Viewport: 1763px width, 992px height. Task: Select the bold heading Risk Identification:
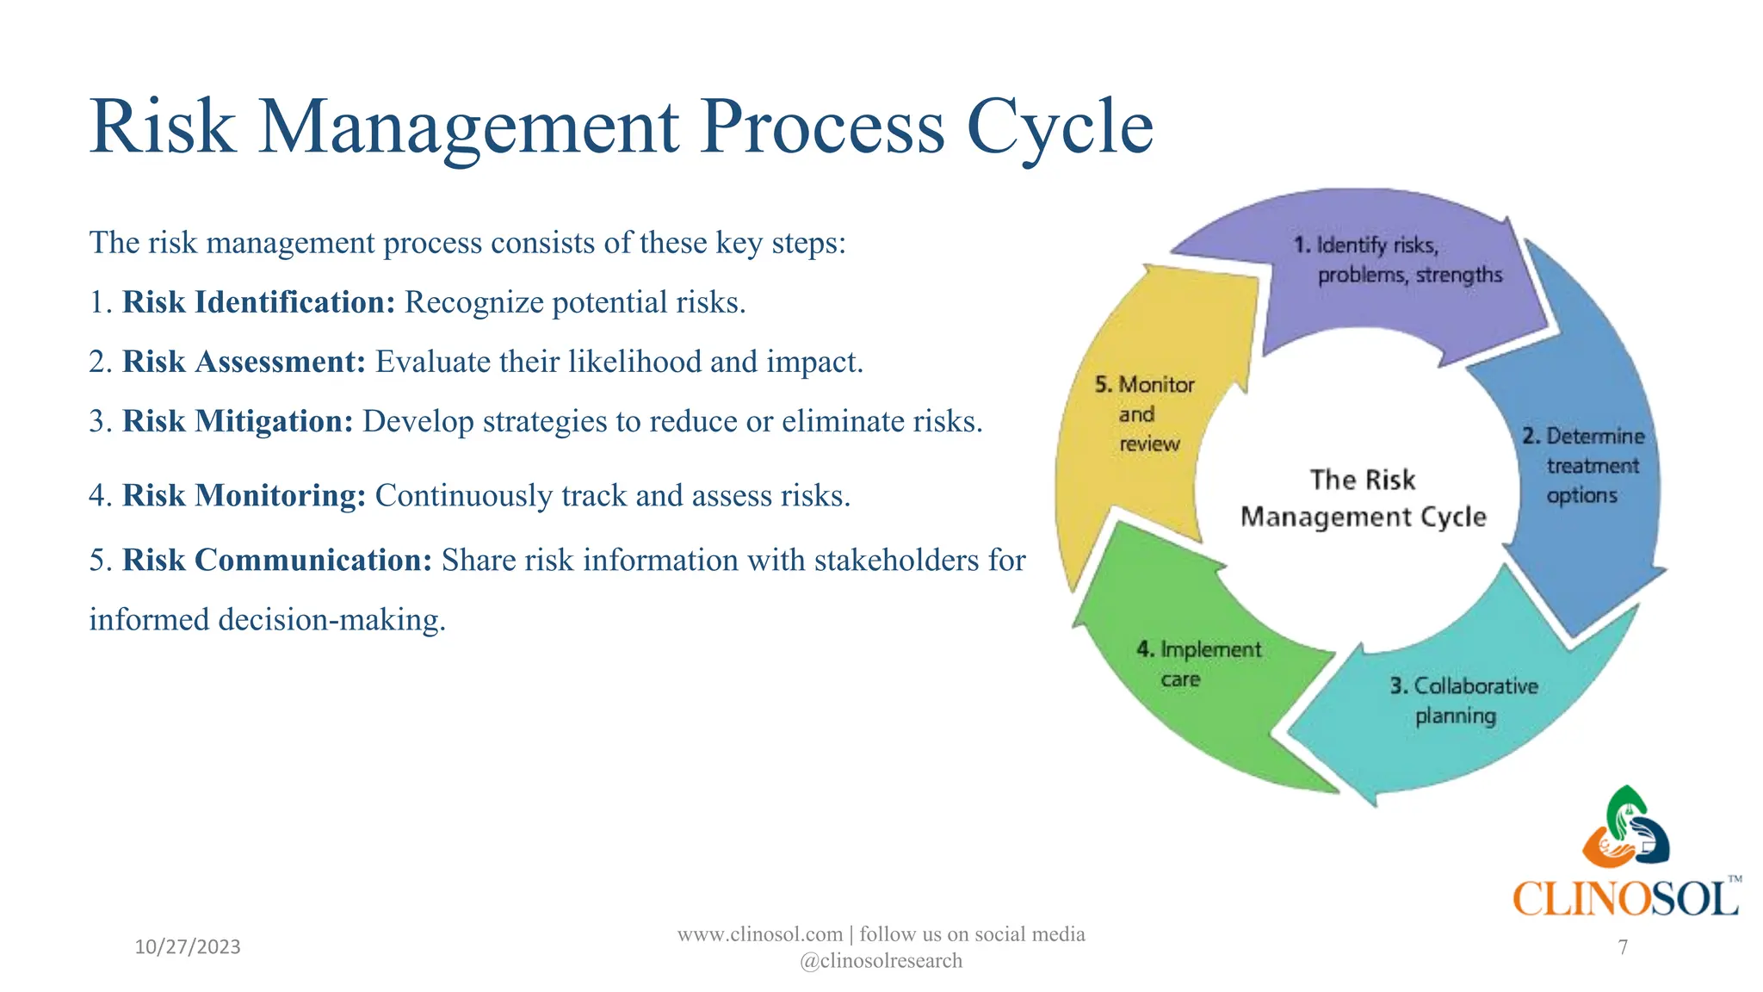[x=258, y=302]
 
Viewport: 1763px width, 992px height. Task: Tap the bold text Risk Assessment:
[x=244, y=362]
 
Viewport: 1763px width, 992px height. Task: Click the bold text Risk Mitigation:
[x=238, y=421]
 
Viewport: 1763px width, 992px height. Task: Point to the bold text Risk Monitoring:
[x=244, y=496]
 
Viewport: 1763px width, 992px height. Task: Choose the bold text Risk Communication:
[x=276, y=561]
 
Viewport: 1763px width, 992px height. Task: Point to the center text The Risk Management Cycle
[x=1363, y=499]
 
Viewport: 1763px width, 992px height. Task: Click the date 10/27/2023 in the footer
[x=188, y=947]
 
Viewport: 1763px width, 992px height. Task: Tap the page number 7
[x=1623, y=947]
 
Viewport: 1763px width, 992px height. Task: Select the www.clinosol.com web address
[x=759, y=934]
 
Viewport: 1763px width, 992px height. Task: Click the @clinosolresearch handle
[x=881, y=961]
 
